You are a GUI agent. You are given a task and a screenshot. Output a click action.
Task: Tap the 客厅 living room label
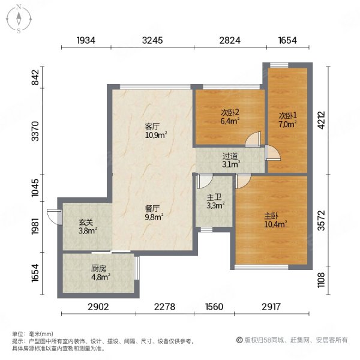click(152, 127)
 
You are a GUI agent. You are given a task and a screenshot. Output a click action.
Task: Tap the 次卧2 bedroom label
click(230, 112)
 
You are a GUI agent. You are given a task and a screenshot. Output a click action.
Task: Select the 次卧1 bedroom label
click(287, 115)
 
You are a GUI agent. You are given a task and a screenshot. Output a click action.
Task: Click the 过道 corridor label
click(231, 155)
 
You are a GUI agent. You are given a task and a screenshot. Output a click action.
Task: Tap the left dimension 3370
click(35, 131)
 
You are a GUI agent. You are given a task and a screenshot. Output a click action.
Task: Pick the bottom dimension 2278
click(166, 307)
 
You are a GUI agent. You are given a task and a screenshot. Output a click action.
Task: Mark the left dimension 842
click(35, 79)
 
